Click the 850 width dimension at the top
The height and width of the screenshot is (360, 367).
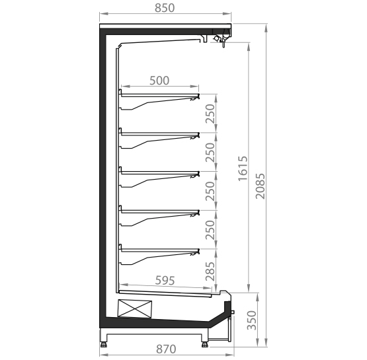165,8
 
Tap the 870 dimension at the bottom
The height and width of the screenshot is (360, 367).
166,349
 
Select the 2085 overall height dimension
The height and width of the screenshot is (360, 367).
261,186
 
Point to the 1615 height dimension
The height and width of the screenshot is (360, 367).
243,168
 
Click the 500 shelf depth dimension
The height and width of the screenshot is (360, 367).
159,81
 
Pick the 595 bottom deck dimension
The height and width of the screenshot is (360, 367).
165,281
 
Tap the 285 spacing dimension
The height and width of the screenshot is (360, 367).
210,271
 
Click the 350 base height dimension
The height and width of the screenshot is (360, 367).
252,320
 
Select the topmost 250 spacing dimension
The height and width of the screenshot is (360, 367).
210,114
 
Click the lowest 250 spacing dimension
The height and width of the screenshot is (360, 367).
210,230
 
